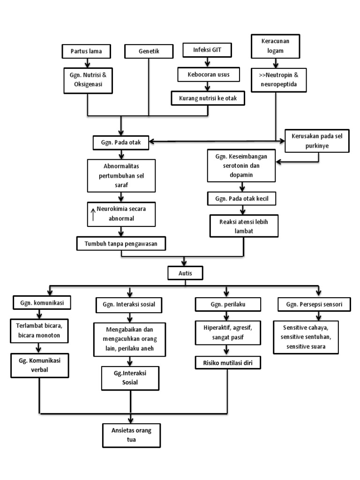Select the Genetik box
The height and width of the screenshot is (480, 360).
point(149,51)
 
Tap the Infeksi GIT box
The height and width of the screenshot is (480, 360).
point(208,50)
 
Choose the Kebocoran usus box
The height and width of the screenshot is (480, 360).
point(208,74)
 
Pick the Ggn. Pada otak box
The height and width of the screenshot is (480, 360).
point(121,142)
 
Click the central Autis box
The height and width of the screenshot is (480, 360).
point(186,272)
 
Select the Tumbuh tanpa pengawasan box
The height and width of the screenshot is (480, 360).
point(121,242)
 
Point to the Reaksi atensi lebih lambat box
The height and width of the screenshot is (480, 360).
point(244,225)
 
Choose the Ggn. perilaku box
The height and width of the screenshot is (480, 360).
point(227,304)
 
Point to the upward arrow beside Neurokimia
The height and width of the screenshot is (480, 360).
point(93,214)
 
